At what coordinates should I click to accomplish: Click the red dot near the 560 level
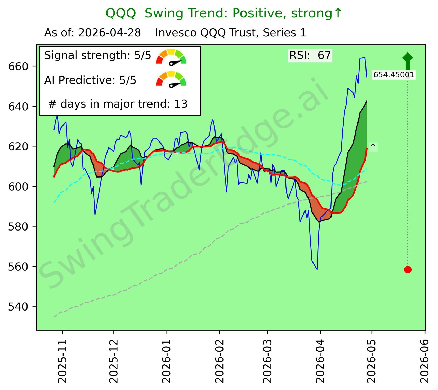[x=408, y=270]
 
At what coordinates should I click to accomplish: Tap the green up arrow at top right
[x=408, y=61]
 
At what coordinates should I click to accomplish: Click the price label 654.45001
[x=394, y=75]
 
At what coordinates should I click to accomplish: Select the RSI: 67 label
[x=310, y=56]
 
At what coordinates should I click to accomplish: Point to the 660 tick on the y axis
[x=18, y=67]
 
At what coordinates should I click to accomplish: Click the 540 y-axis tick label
[x=18, y=307]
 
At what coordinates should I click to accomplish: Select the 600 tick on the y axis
[x=18, y=187]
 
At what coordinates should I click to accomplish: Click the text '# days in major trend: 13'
[x=118, y=104]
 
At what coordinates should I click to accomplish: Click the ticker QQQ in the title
[x=121, y=13]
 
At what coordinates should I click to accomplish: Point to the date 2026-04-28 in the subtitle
[x=109, y=33]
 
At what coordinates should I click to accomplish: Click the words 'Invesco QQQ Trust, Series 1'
[x=231, y=33]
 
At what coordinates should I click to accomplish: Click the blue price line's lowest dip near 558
[x=317, y=269]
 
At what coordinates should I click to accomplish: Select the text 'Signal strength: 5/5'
[x=98, y=56]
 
